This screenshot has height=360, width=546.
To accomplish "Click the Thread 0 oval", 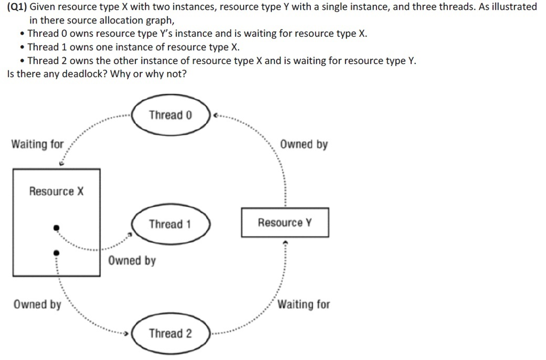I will (171, 115).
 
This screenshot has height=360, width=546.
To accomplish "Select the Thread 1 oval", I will (171, 224).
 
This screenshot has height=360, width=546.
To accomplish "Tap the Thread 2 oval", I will (171, 334).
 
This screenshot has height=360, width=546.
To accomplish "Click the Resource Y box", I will (285, 223).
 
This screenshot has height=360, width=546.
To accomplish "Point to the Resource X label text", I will (57, 191).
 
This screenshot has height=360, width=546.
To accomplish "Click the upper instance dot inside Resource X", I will (56, 228).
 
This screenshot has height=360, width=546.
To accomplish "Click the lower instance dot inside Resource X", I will (55, 252).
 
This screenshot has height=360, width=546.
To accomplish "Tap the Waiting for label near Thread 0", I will (37, 145).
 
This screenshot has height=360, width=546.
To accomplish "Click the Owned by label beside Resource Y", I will (304, 145).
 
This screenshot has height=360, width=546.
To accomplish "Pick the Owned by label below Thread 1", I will (132, 261).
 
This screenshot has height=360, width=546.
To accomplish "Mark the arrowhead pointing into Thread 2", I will (126, 334).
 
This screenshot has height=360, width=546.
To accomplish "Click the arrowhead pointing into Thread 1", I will (130, 234).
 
